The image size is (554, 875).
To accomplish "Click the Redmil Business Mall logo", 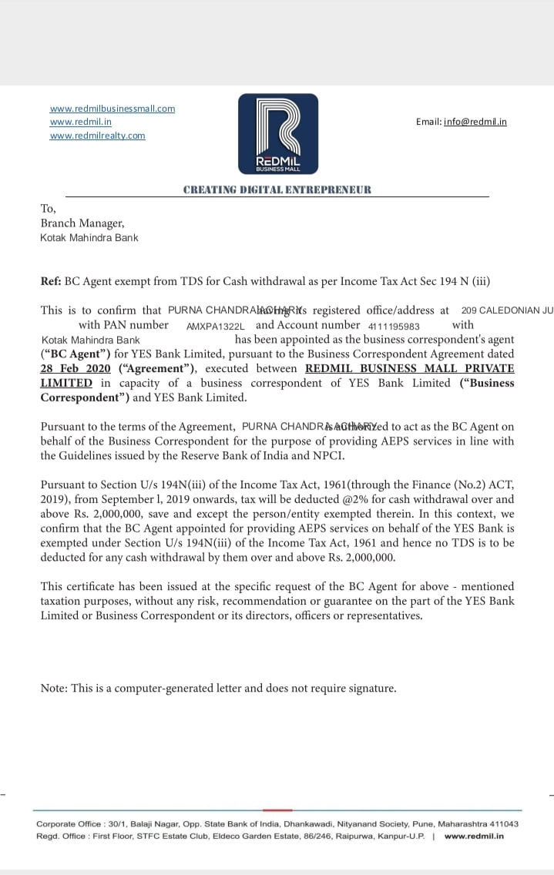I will click(277, 133).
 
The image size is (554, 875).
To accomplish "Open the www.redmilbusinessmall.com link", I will click(112, 109).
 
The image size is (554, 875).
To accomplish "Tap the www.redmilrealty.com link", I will click(97, 136).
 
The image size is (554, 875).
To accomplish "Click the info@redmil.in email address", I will click(475, 122).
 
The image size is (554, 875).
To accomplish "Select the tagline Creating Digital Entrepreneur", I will click(277, 189).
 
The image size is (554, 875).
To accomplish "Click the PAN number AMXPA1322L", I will click(215, 326).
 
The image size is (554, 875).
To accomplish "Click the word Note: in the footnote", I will click(54, 688).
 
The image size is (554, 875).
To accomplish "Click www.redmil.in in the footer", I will click(474, 836).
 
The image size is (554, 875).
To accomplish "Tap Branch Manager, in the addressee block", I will click(82, 223).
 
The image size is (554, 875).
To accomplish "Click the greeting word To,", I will click(48, 209).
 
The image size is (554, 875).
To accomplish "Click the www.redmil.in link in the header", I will click(81, 122).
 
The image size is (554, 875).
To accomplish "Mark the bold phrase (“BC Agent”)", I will click(76, 354).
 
